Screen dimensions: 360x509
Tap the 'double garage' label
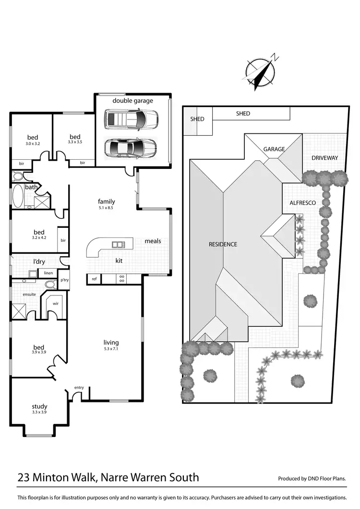tap(133, 101)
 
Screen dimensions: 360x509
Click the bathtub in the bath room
tap(18, 197)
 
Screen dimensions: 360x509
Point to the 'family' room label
tap(107, 201)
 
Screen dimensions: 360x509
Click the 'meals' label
tap(153, 241)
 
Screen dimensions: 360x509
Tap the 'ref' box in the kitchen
tap(94, 279)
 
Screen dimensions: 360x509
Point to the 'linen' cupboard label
tap(48, 273)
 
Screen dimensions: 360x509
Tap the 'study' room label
tap(39, 407)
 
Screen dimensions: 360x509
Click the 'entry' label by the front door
tap(79, 388)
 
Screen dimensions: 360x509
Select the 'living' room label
tap(111, 343)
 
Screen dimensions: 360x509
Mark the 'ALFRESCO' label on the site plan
tap(302, 203)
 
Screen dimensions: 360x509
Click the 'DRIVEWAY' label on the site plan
tap(324, 158)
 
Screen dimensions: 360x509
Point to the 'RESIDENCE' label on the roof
tap(223, 244)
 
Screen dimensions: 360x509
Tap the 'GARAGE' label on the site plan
tap(274, 149)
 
